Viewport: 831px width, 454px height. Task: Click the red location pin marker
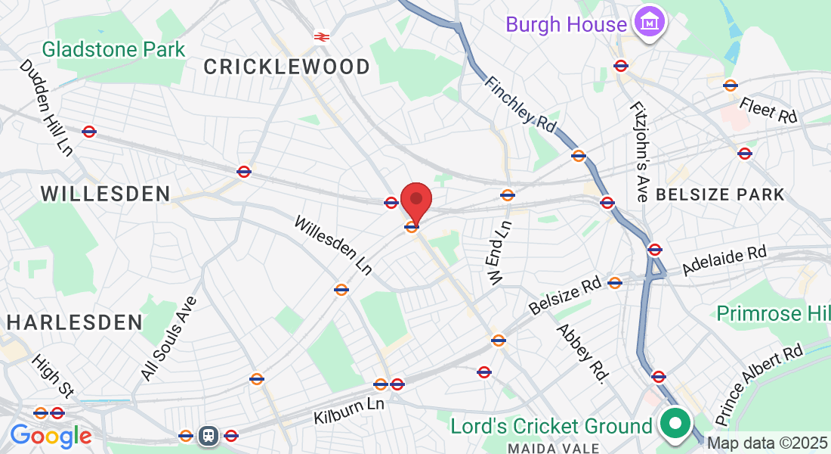coord(415,201)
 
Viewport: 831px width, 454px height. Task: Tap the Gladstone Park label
coord(113,50)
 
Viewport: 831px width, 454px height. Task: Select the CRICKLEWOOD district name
coord(287,67)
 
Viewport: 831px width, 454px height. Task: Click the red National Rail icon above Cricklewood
coord(321,36)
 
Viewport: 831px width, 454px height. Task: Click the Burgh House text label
coord(567,24)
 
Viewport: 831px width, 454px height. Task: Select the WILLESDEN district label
coord(105,194)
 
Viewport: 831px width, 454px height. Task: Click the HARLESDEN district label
coord(75,322)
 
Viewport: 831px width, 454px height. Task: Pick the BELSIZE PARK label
coord(721,194)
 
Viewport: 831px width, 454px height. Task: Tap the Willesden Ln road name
coord(333,244)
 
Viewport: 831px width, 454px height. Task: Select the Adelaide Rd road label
coord(724,260)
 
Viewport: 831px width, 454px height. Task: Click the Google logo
coord(51,437)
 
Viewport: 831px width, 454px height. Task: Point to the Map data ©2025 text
coord(767,443)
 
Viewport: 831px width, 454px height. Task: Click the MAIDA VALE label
coord(554,447)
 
